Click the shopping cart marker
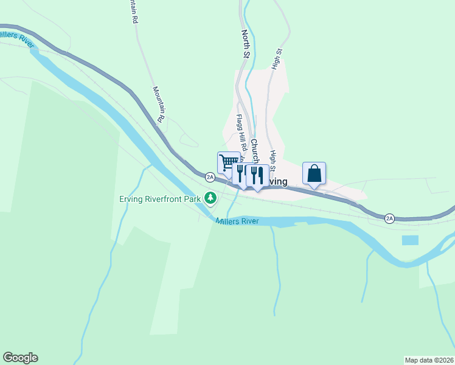point(228,162)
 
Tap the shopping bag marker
point(314,173)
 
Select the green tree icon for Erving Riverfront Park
point(210,197)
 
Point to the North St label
point(246,44)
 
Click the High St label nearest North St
point(278,59)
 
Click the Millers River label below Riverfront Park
point(237,221)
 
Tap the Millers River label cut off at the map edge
point(16,39)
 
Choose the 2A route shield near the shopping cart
point(210,177)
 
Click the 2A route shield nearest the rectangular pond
point(390,218)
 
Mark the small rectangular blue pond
point(411,240)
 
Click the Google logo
point(20,358)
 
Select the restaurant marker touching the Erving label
point(258,175)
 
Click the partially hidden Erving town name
point(277,181)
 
